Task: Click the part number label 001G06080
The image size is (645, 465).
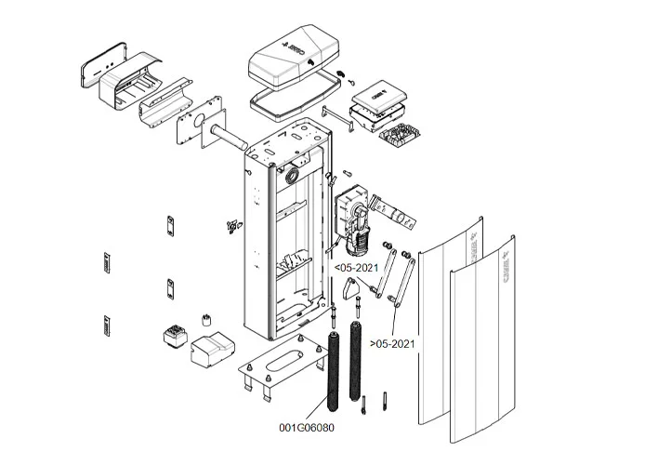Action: [306, 428]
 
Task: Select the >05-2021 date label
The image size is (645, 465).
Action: [391, 344]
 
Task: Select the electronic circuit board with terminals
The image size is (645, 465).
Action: [400, 138]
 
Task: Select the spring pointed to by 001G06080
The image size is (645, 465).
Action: [333, 372]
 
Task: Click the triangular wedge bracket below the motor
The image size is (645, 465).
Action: [350, 292]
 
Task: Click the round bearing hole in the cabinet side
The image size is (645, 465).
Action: [295, 174]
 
